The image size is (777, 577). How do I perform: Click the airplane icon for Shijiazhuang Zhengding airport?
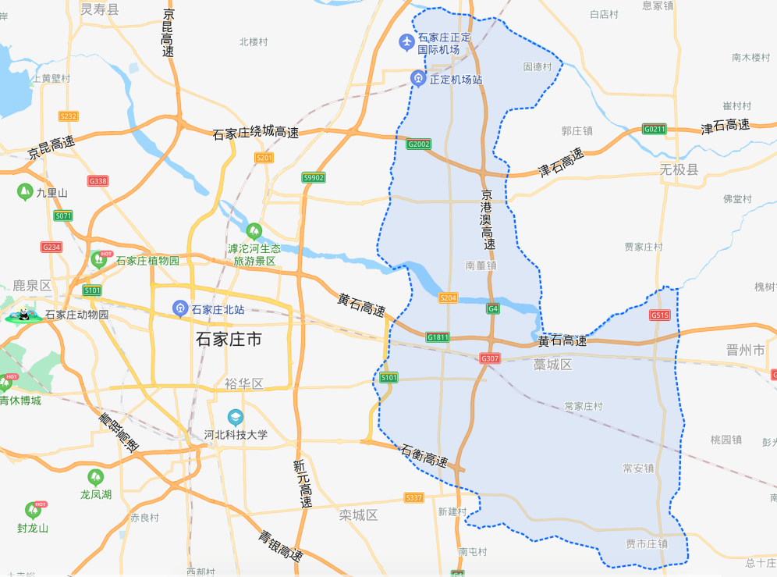(x=406, y=41)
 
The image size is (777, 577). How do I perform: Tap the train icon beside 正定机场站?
(x=418, y=78)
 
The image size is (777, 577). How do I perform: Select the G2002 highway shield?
(x=418, y=144)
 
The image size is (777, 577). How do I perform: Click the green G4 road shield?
(x=492, y=308)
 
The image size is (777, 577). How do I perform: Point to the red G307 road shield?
(x=490, y=358)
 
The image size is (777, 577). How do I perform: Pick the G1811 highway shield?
(x=438, y=337)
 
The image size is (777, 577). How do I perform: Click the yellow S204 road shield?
(x=448, y=297)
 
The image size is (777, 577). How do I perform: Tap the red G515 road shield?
(x=660, y=315)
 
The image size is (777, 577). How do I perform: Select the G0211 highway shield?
(x=654, y=129)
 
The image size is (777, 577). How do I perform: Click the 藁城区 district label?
(x=553, y=365)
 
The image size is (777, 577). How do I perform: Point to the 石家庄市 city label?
(x=229, y=340)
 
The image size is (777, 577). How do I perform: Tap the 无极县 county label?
(x=679, y=169)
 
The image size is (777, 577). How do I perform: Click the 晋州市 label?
(x=746, y=351)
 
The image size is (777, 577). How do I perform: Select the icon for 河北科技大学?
(x=235, y=417)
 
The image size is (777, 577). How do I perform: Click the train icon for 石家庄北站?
(x=181, y=309)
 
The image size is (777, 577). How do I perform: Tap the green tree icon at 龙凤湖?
(x=96, y=476)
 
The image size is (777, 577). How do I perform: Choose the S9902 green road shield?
(x=313, y=178)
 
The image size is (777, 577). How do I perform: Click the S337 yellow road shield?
(x=413, y=497)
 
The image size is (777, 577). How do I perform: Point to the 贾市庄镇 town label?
(x=647, y=543)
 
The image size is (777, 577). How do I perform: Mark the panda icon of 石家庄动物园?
(x=23, y=315)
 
